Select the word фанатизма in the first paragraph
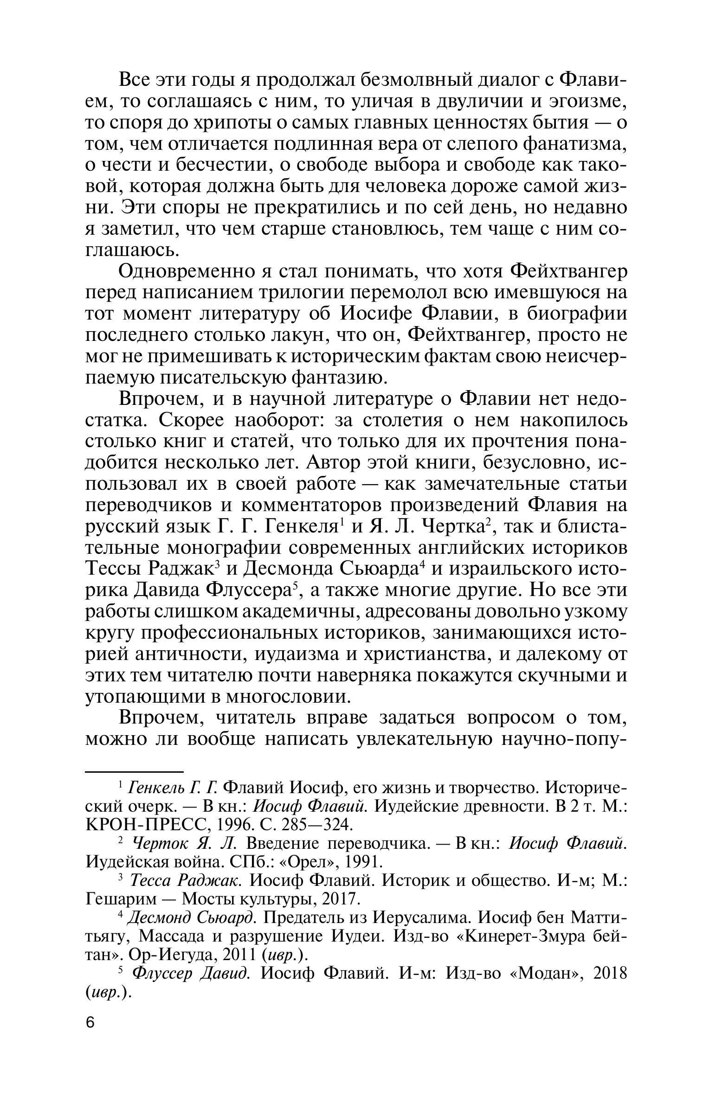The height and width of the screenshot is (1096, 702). (575, 144)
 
